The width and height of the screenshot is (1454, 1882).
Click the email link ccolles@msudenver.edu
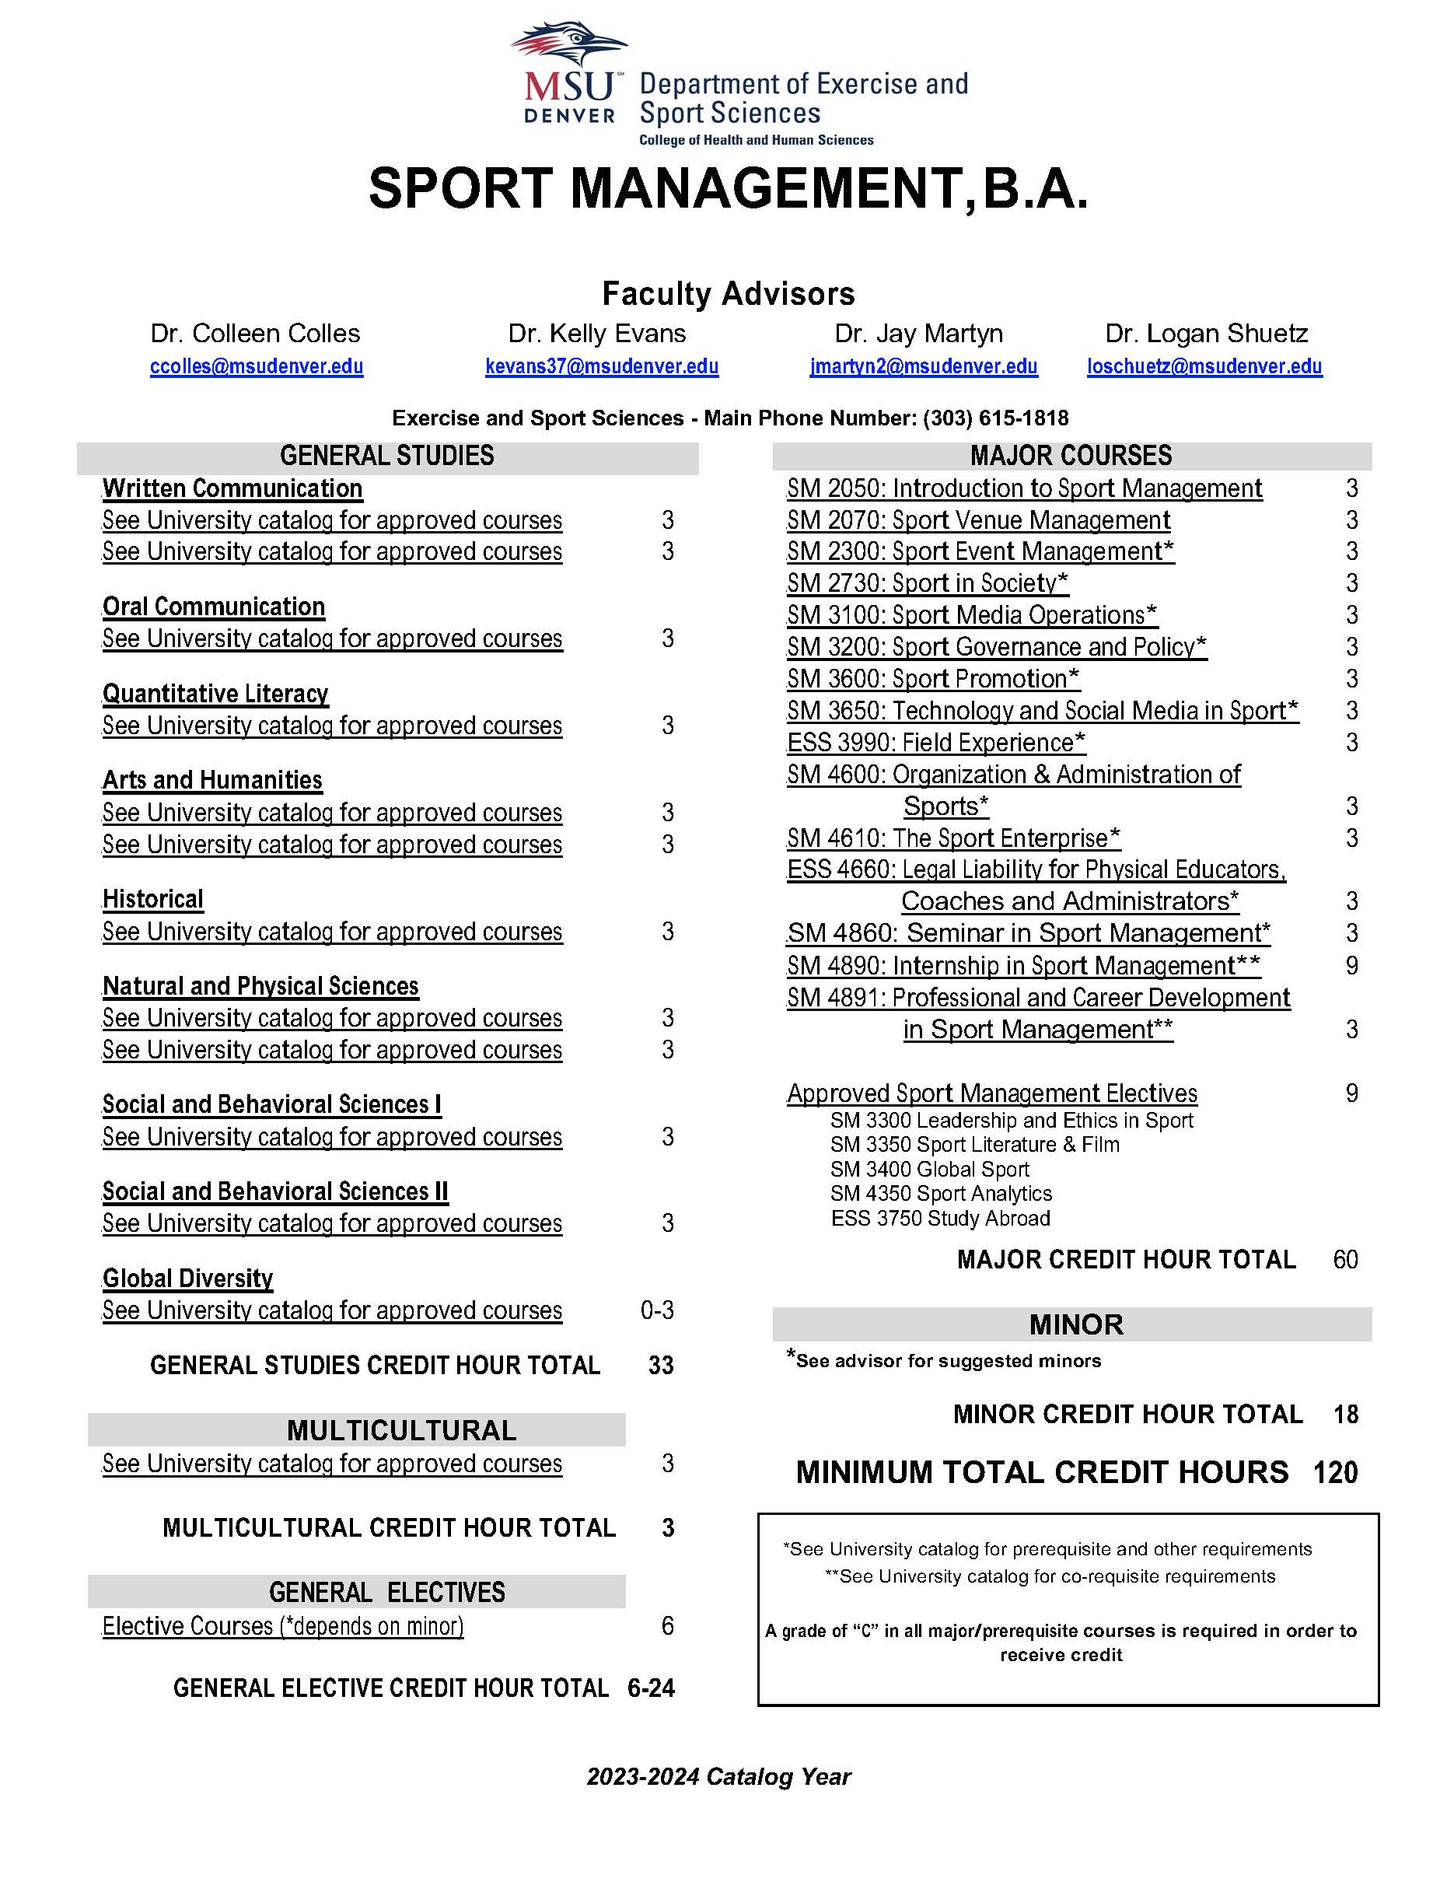(x=257, y=366)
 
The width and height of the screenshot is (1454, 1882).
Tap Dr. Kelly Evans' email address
(x=601, y=366)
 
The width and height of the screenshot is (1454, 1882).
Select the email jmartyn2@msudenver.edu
(x=924, y=366)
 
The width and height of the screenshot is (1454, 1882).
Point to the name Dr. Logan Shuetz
(x=1206, y=334)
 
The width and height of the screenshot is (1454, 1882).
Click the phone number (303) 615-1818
(x=995, y=418)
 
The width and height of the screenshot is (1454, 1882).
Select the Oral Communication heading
(x=214, y=607)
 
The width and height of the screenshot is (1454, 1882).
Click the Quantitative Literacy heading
(x=215, y=694)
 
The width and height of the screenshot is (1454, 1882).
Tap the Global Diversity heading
(x=188, y=1278)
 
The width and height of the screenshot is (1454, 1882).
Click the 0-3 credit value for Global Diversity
(x=657, y=1310)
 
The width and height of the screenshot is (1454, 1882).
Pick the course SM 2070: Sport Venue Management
(x=977, y=520)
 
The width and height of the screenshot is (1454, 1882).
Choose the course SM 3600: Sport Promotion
(x=933, y=679)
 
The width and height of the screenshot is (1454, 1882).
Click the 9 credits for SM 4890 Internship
(x=1351, y=966)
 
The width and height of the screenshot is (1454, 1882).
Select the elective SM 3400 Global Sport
(x=929, y=1170)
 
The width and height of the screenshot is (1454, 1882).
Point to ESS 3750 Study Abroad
(x=940, y=1219)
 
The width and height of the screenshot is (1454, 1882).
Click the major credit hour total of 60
(x=1344, y=1260)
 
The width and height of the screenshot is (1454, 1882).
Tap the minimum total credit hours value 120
(x=1335, y=1473)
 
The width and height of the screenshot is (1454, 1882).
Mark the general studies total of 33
(x=661, y=1365)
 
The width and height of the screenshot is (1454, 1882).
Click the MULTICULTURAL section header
(x=401, y=1430)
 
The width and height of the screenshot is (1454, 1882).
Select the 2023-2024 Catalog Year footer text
(x=718, y=1777)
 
